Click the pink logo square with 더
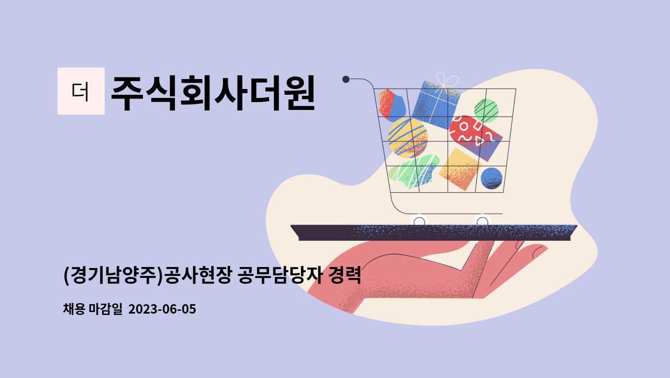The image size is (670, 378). tap(81, 91)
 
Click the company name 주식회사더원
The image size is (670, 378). tap(213, 93)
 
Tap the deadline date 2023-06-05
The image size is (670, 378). tap(162, 309)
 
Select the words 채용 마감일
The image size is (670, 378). tap(93, 309)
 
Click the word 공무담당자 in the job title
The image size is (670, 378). tap(280, 275)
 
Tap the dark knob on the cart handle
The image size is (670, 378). tap(346, 79)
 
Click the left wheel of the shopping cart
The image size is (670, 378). tap(419, 221)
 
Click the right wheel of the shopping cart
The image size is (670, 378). tap(482, 221)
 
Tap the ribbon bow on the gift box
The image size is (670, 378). tap(447, 80)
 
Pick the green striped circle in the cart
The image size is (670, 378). tap(486, 110)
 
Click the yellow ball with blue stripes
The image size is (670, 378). tap(408, 138)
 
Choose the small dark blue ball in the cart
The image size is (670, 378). tap(492, 178)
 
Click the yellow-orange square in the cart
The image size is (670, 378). tap(460, 169)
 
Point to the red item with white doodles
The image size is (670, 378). tap(476, 138)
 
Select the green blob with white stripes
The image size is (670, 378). tap(414, 172)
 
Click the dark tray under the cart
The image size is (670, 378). tap(434, 232)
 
